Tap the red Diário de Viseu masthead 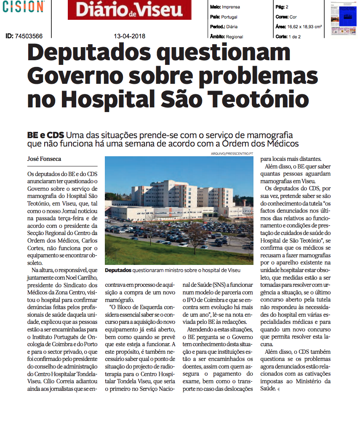pos(129,10)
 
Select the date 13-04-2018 pos(130,36)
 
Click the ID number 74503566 pos(29,36)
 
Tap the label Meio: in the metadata pos(216,7)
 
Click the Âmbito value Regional pos(235,37)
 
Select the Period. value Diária pos(232,27)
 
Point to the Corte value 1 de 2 pos(295,37)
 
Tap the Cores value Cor pos(293,17)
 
